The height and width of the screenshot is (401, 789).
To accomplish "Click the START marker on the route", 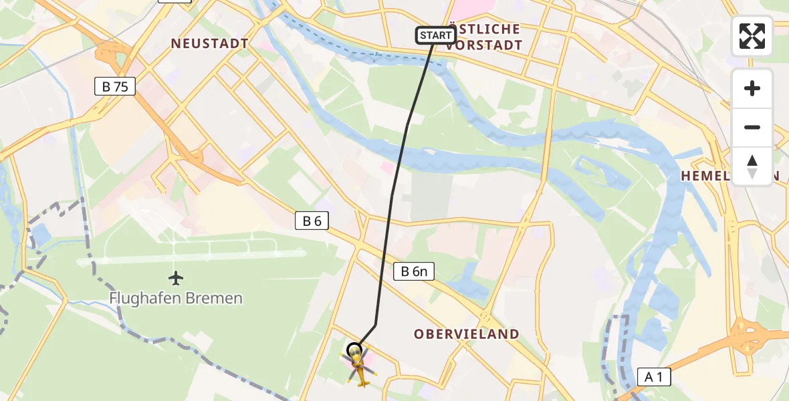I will point(436,35).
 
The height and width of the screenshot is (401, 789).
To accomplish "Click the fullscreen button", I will point(752,36).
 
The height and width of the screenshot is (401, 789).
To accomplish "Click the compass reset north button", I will point(752,166).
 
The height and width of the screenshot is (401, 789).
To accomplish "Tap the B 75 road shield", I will point(115,86).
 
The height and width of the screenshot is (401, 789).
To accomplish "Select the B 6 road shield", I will point(312,221).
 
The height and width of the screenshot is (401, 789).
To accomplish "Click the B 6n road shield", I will point(414,271).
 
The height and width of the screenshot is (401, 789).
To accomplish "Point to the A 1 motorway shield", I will point(653,377).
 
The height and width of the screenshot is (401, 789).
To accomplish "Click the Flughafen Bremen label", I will point(176,298).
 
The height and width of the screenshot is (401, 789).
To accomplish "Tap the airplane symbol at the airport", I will point(176,277).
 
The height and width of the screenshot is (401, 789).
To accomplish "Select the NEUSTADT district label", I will point(209,43).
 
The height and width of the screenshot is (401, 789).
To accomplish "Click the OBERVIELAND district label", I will point(466,334).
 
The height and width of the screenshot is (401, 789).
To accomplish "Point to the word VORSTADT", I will point(484,45).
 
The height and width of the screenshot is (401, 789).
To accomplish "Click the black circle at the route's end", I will point(354,349).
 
